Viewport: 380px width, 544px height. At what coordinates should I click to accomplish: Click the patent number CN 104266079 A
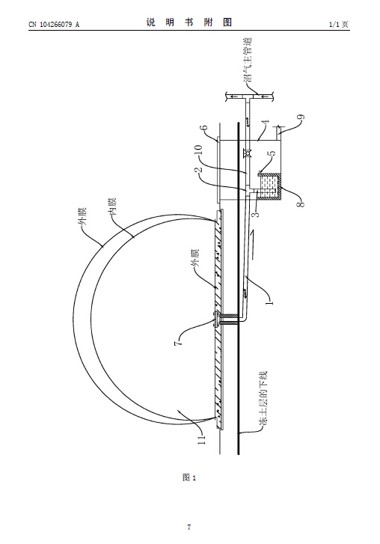[x=54, y=24]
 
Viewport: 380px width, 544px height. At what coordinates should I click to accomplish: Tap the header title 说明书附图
[x=189, y=23]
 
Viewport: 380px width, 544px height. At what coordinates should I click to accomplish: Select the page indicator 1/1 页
[x=339, y=24]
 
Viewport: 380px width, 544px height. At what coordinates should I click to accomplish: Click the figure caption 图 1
[x=189, y=477]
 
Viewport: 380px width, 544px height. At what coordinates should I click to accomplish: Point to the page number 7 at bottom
[x=189, y=528]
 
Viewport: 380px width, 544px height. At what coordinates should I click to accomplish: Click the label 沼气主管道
[x=248, y=60]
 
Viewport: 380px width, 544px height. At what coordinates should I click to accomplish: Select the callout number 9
[x=301, y=117]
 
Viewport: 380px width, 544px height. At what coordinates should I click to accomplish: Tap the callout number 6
[x=206, y=127]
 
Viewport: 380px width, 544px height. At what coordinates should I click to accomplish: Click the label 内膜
[x=113, y=207]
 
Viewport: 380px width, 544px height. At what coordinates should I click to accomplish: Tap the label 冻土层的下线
[x=264, y=399]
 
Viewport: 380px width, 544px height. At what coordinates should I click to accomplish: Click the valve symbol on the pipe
[x=247, y=153]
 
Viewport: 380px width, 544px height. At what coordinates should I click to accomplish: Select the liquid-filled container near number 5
[x=270, y=186]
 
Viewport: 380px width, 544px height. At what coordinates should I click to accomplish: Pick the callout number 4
[x=266, y=123]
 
